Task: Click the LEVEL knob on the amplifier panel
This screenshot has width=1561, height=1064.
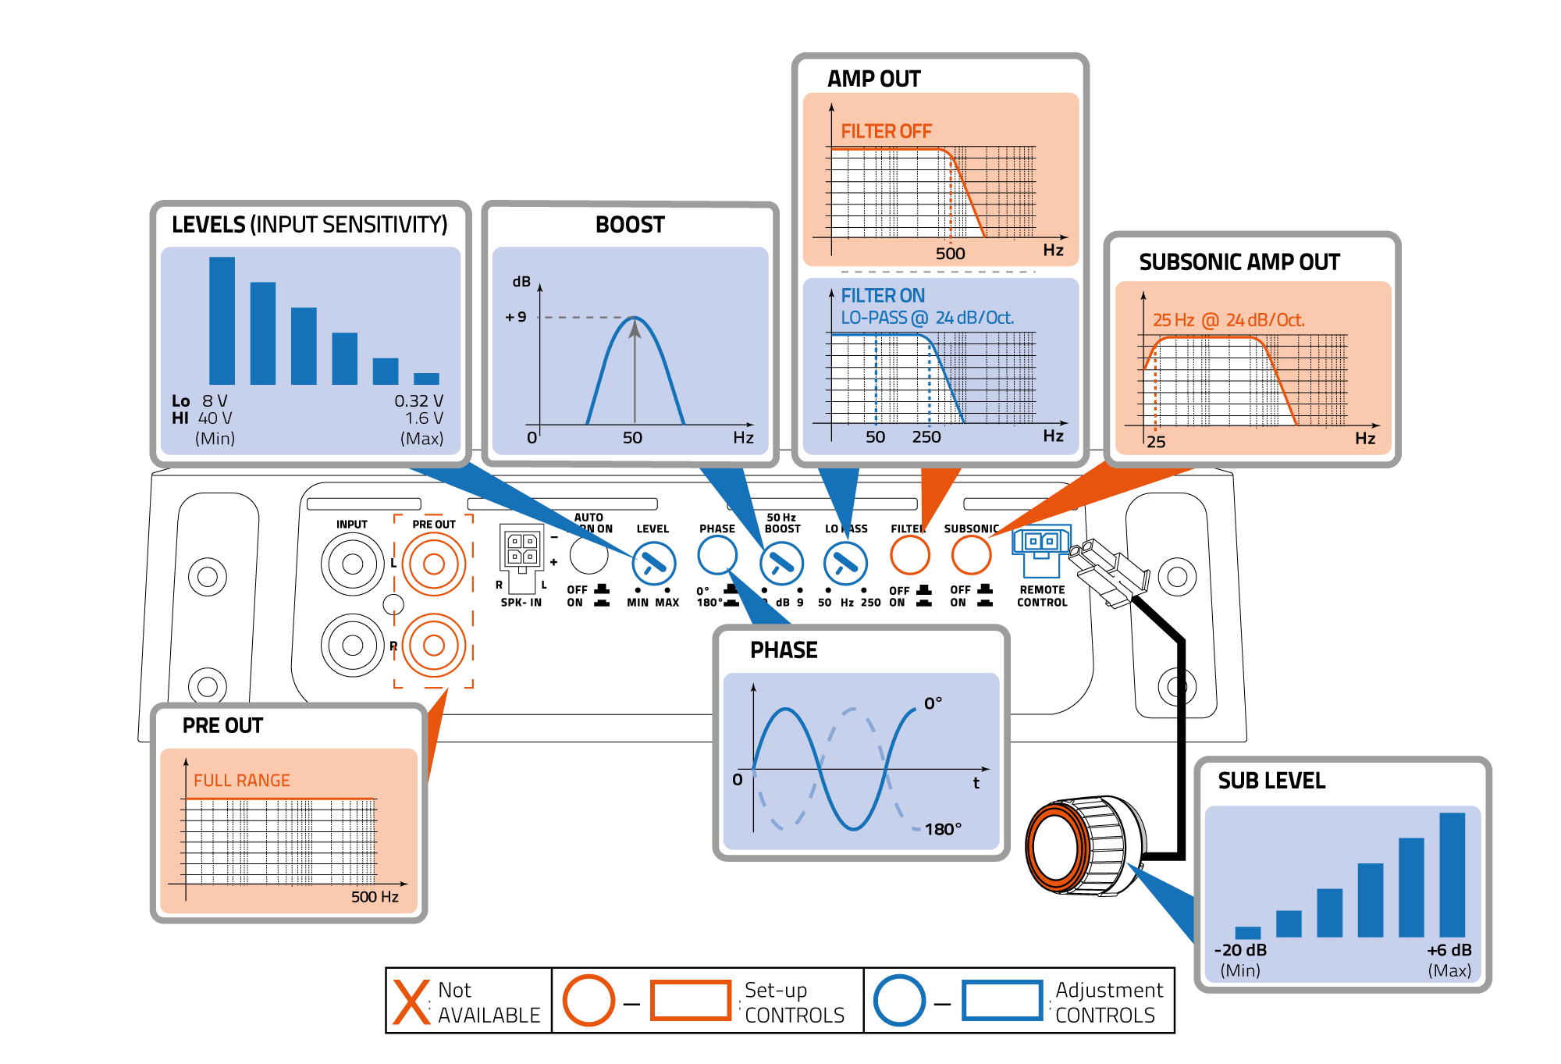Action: click(653, 563)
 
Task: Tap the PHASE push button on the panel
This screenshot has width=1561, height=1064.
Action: click(717, 555)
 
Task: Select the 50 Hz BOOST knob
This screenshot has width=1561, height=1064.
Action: click(781, 563)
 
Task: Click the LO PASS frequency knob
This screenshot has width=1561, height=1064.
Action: click(845, 563)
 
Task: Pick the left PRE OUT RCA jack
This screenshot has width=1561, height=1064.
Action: click(433, 564)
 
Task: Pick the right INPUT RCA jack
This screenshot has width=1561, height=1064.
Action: click(352, 645)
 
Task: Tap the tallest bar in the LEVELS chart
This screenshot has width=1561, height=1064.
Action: click(222, 320)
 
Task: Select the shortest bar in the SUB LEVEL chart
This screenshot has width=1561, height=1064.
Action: click(1247, 932)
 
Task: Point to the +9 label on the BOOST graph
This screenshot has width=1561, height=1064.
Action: click(516, 317)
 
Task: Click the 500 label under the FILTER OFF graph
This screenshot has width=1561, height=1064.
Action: click(950, 254)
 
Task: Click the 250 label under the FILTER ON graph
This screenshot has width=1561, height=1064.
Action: click(926, 437)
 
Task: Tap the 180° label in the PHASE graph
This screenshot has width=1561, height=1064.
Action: click(943, 829)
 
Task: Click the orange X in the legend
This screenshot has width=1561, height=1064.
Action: click(411, 1002)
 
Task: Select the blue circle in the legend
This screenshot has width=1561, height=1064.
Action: click(899, 1001)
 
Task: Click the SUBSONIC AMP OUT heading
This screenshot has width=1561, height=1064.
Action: click(1239, 262)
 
